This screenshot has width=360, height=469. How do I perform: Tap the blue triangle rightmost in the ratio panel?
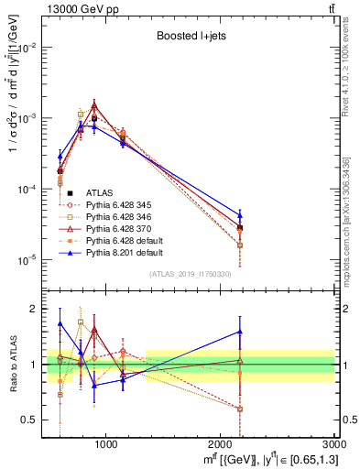(240, 332)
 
